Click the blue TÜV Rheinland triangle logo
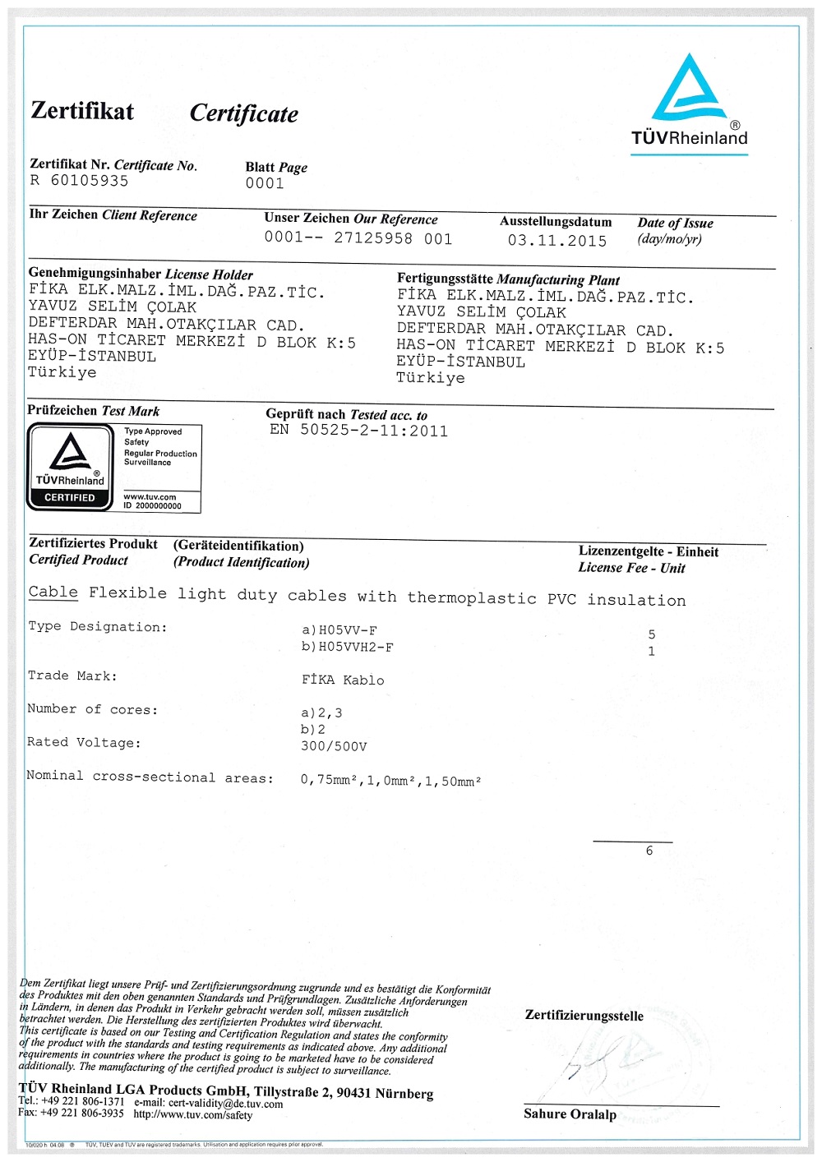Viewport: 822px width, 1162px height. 690,90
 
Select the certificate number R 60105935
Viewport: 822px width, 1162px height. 79,181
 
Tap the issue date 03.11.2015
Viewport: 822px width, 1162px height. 556,241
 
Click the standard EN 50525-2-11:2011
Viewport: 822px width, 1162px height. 359,431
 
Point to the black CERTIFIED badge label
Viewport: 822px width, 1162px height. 70,498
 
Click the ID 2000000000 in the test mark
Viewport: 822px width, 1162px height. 153,506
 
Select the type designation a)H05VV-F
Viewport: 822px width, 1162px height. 339,631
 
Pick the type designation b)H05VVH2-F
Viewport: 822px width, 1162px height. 348,648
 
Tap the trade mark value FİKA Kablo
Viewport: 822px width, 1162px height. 343,680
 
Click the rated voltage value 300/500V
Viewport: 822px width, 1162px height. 334,747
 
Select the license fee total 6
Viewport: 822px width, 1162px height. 649,851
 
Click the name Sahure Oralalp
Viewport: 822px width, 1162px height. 570,1114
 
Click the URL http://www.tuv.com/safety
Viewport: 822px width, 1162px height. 193,1115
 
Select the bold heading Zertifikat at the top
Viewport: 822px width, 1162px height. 82,111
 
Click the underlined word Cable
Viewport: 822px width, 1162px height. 53,593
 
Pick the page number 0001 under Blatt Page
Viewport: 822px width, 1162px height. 265,183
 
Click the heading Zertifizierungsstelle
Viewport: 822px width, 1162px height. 584,1016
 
